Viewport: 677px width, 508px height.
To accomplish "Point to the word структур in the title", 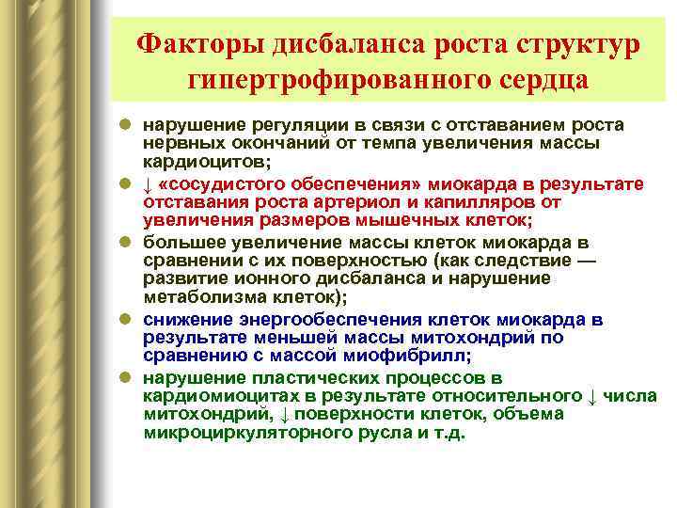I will (x=578, y=44).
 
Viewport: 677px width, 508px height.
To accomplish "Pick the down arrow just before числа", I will (x=592, y=396).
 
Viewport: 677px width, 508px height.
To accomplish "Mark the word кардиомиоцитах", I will (x=212, y=396).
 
